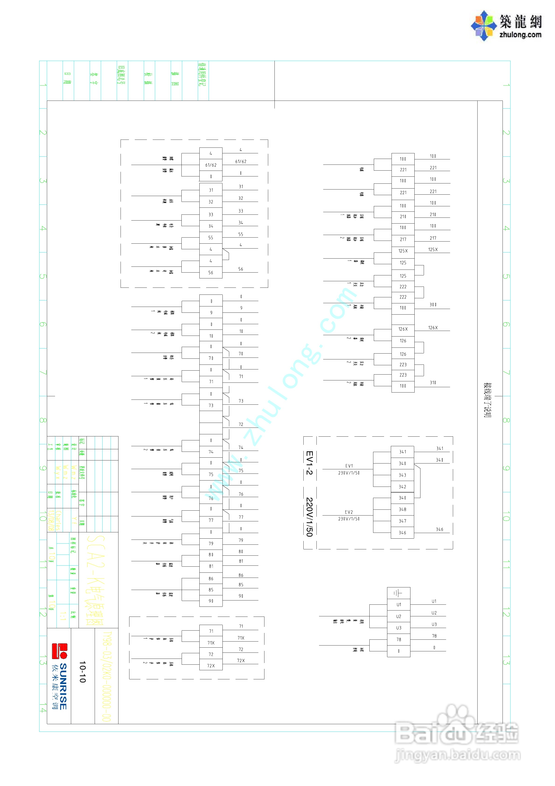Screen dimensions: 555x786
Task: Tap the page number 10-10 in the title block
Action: tap(83, 672)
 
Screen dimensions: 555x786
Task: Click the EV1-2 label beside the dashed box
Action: tap(309, 463)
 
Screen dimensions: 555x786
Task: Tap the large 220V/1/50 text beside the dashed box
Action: tap(309, 517)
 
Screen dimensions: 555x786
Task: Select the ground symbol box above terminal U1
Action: tap(398, 593)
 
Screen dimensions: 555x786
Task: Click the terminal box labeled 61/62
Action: tap(211, 165)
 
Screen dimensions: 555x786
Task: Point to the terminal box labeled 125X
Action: tap(403, 251)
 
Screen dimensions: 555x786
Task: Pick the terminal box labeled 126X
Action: tap(403, 329)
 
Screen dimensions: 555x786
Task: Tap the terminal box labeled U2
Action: tap(398, 617)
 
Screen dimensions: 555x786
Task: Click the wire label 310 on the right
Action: tap(433, 383)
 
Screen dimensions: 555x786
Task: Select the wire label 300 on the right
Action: tap(433, 305)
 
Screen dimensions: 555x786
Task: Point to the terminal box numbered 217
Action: tap(403, 240)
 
